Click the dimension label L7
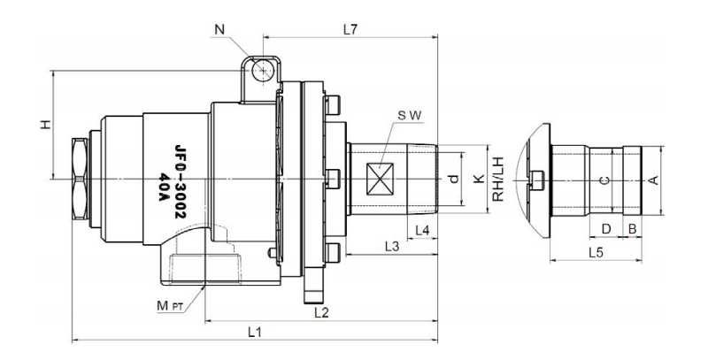pyautogui.click(x=350, y=29)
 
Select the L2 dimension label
pyautogui.click(x=321, y=311)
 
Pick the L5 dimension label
pyautogui.click(x=598, y=253)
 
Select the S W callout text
pyautogui.click(x=409, y=116)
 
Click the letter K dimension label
pyautogui.click(x=479, y=180)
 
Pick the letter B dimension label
pyautogui.click(x=632, y=229)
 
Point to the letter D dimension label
pyautogui.click(x=606, y=229)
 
